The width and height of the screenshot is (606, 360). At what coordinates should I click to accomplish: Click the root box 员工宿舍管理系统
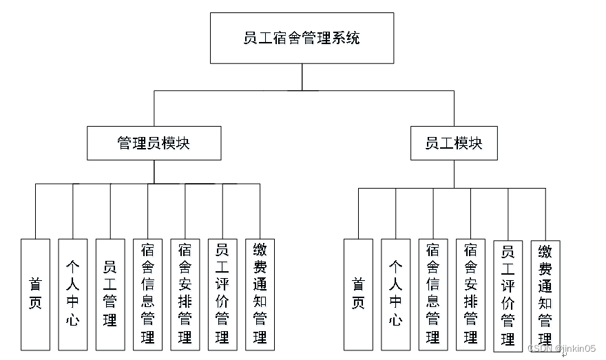(302, 38)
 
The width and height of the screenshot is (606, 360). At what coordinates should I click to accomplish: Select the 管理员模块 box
(154, 143)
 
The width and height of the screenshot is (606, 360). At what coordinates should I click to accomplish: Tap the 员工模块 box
(454, 143)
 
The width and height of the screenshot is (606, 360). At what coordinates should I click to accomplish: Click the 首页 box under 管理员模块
(35, 294)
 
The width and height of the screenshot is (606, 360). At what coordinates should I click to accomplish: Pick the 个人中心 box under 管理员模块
(72, 294)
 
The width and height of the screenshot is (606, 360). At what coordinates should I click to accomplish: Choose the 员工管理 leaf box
(109, 294)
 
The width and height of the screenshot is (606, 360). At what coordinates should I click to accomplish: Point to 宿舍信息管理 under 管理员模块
(147, 294)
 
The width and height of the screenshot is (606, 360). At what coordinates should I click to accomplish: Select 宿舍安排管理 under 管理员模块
(185, 294)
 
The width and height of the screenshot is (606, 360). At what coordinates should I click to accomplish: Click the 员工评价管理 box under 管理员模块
(222, 294)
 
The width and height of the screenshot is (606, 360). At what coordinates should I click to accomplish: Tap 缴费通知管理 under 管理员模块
(260, 294)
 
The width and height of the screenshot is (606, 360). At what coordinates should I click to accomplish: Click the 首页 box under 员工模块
(358, 294)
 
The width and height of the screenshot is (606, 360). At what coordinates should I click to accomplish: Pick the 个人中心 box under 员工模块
(395, 294)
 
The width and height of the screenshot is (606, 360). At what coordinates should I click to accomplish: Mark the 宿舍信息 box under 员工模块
(433, 294)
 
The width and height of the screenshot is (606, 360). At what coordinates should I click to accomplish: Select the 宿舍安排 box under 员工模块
(470, 294)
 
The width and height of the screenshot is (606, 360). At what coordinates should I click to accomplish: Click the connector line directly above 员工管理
(110, 211)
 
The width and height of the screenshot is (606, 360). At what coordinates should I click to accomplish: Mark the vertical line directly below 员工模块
(454, 173)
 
